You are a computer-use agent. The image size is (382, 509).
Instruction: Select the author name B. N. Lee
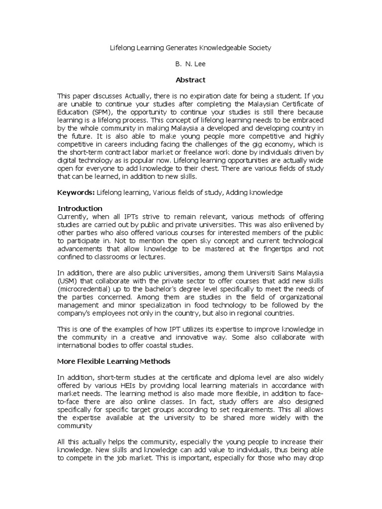click(x=190, y=64)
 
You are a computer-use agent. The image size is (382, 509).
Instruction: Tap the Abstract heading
click(x=191, y=80)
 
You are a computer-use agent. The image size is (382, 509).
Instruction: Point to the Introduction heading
click(x=80, y=208)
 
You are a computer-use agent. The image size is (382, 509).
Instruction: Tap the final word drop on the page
click(x=316, y=458)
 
